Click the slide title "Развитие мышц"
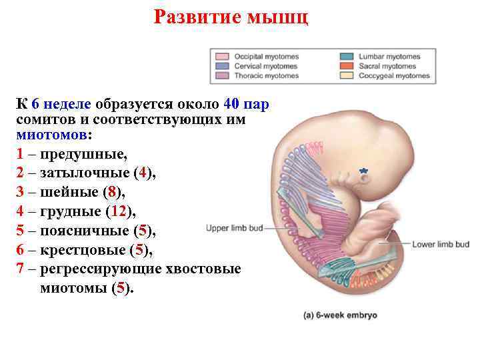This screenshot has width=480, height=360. (231, 17)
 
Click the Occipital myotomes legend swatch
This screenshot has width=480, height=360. (223, 57)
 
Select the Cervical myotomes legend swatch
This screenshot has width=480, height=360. (223, 66)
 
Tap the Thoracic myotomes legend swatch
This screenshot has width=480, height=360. (223, 75)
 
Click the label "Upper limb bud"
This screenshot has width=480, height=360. (234, 227)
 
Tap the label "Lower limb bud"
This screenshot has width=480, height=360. (441, 244)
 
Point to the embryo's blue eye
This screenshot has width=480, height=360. (363, 171)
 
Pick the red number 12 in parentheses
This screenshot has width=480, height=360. (121, 212)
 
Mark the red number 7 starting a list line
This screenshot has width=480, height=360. (21, 269)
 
